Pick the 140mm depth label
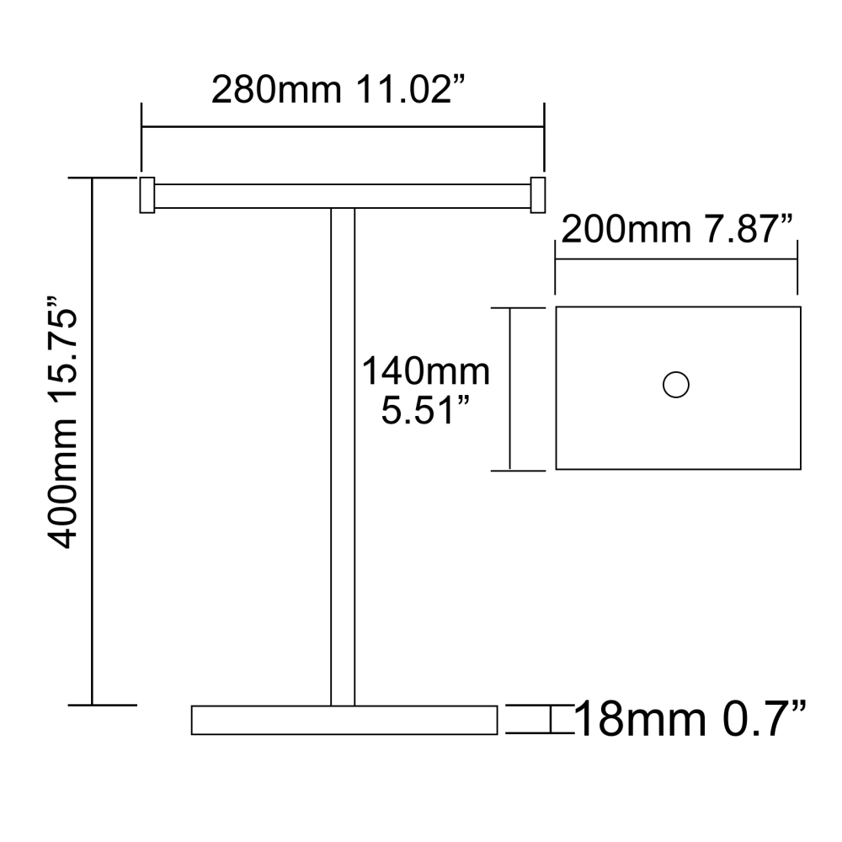425,371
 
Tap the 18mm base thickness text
640,720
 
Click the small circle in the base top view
676,385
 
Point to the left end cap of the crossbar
146,195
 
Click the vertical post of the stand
343,455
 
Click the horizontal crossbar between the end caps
341,195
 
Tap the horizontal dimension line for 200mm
675,259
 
